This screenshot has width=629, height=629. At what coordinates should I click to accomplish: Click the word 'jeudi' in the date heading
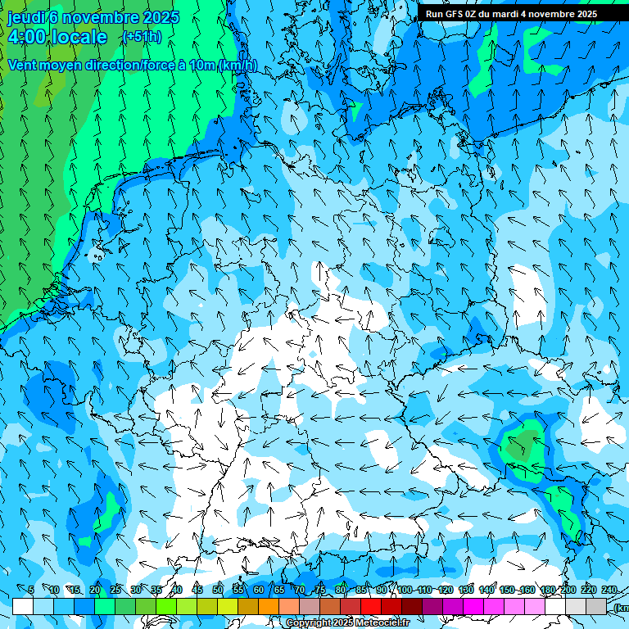coord(25,17)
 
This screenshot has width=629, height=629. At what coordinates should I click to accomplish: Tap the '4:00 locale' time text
coord(57,37)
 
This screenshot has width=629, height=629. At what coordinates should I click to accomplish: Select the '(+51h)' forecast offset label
coord(142,37)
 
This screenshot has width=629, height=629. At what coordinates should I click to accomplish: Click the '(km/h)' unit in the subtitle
coord(238,65)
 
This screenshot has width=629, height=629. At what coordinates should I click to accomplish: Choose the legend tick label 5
coord(31,590)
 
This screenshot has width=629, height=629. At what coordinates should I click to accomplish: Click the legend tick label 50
coord(217,590)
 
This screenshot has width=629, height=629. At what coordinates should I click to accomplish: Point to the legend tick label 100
coord(404,590)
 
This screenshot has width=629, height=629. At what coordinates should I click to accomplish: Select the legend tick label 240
coord(609,590)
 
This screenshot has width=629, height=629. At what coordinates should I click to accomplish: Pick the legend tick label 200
coord(568,590)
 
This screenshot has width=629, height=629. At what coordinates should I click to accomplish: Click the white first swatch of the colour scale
coord(23,606)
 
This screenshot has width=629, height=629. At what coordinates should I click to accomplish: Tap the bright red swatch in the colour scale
coord(371,606)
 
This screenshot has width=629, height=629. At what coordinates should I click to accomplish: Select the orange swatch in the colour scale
coord(269,606)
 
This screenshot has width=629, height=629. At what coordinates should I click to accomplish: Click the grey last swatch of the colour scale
coord(596,606)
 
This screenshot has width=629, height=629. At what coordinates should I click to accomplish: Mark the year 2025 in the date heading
coord(161,17)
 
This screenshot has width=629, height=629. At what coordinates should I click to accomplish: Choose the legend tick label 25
coord(115,590)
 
